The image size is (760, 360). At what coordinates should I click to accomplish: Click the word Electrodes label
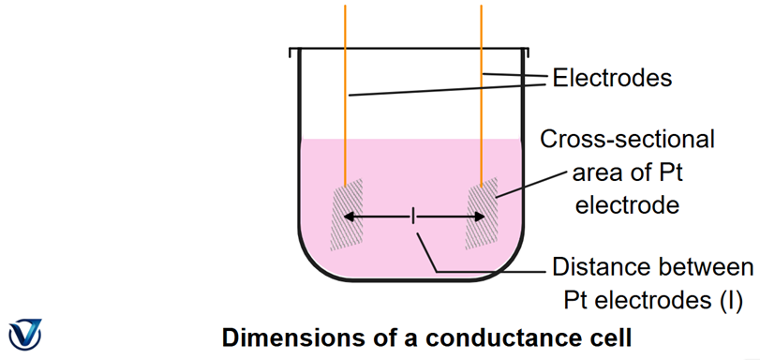point(612,78)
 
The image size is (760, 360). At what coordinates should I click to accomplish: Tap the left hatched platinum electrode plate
point(347,215)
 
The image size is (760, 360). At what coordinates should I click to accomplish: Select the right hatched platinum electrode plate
point(482,214)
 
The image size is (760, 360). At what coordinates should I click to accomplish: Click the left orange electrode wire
point(345,96)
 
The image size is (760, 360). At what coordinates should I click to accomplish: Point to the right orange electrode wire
point(482,96)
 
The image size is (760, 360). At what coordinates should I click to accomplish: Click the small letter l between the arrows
point(413,217)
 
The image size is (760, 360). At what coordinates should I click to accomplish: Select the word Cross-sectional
point(627,141)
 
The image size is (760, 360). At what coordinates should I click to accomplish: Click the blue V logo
point(24,335)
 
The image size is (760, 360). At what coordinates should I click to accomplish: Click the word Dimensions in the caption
point(289,337)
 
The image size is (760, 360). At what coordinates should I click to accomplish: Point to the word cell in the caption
point(613,337)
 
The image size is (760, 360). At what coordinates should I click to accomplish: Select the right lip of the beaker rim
point(527,52)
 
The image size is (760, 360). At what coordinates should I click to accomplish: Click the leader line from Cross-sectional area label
point(531,184)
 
